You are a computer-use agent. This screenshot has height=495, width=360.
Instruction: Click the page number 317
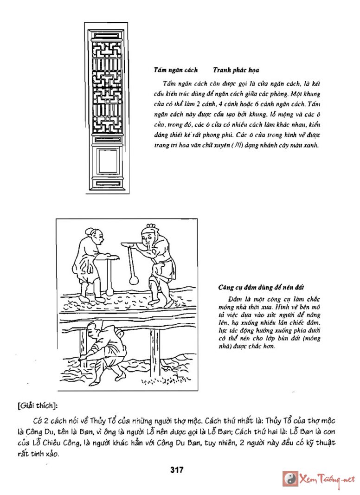pyautogui.click(x=177, y=469)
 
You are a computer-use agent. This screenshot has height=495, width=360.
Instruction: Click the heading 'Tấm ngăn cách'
pyautogui.click(x=176, y=70)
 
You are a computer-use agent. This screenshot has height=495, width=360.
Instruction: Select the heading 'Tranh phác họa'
pyautogui.click(x=236, y=70)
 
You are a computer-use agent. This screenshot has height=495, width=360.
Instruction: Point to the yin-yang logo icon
pyautogui.click(x=290, y=479)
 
